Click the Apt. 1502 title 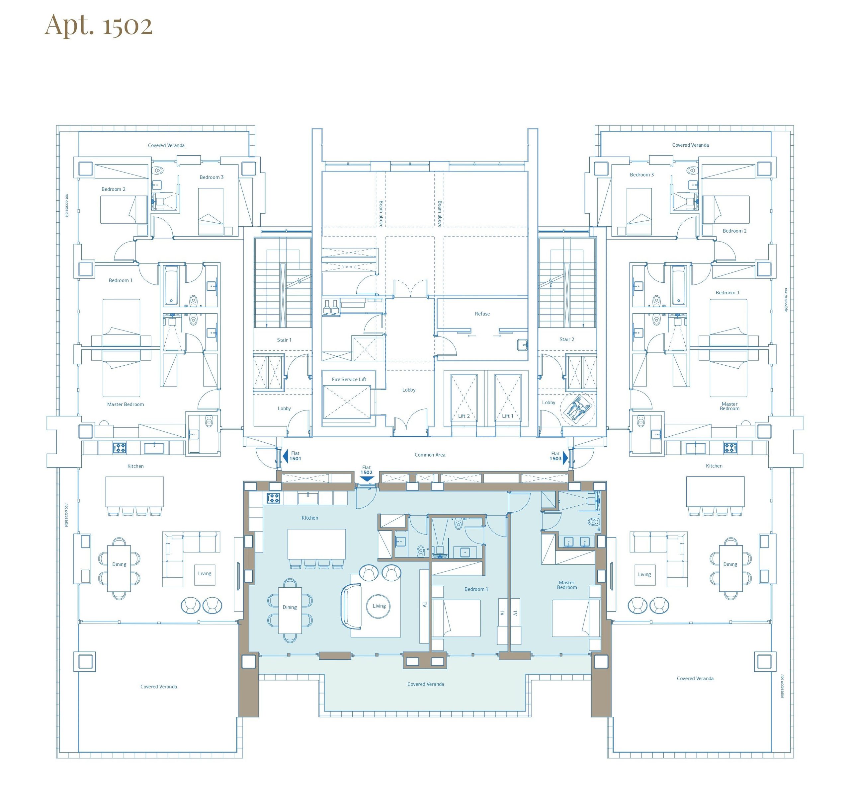[99, 26]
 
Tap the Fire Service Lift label [349, 379]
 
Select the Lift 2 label [464, 416]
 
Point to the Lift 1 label [507, 416]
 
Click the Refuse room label [482, 314]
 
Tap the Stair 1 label [284, 340]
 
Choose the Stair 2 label [567, 339]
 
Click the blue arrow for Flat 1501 [285, 456]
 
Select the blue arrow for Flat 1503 [565, 458]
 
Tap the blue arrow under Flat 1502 [366, 478]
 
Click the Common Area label [430, 455]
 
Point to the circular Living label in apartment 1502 [379, 606]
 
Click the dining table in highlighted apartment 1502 [290, 610]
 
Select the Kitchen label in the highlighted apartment [309, 518]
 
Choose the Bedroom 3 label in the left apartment [212, 177]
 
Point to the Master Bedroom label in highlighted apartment [567, 585]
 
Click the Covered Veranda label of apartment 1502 [426, 684]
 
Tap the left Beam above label [381, 214]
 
